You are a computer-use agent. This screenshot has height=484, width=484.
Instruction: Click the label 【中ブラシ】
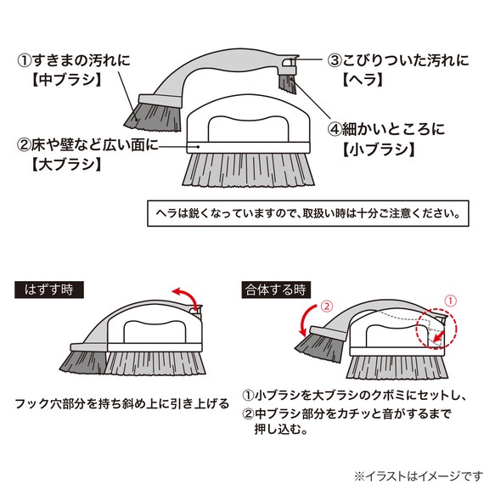click(x=67, y=80)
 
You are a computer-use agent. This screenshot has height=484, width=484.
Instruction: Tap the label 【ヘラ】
click(x=363, y=80)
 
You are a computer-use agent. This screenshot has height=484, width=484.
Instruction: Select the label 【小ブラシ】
click(x=379, y=149)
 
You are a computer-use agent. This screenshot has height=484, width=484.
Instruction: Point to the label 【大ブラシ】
click(x=67, y=164)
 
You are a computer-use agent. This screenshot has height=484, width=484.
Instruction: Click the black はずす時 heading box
click(x=49, y=290)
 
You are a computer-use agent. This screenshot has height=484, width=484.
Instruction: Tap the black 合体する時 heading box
click(x=276, y=290)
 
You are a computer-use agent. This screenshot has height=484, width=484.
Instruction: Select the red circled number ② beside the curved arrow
click(x=327, y=307)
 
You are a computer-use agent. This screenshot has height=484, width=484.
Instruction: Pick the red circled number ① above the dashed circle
click(x=450, y=301)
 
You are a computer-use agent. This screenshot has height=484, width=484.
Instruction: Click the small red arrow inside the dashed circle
click(x=439, y=337)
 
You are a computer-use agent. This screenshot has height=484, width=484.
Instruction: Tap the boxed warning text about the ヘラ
click(x=308, y=213)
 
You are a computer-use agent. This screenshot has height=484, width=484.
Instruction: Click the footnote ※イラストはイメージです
click(x=419, y=476)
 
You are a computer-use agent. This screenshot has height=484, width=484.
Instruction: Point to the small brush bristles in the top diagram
click(x=288, y=84)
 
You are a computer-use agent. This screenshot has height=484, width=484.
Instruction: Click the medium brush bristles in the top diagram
click(x=154, y=117)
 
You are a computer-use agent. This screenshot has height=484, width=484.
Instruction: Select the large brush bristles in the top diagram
click(x=248, y=170)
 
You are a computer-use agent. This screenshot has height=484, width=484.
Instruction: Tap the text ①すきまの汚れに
click(x=74, y=60)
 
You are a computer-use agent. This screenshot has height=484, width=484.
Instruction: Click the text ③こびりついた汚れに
click(x=398, y=60)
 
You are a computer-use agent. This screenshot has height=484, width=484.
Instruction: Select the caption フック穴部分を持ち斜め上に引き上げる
click(x=122, y=403)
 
